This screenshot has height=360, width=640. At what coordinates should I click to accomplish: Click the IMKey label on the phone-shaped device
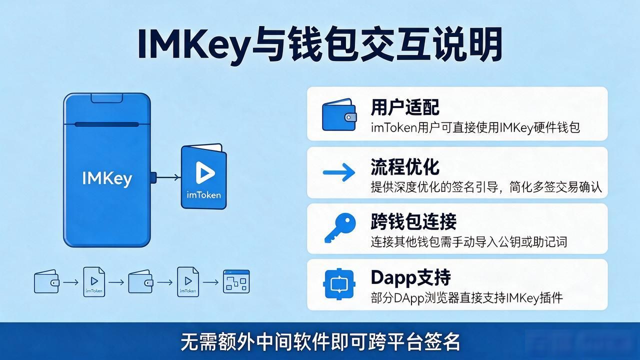(107, 179)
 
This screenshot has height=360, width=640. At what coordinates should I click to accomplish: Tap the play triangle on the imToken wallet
(204, 172)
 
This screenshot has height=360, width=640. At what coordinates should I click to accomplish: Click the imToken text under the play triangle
(203, 195)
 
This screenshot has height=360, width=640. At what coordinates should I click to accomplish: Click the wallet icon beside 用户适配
(339, 115)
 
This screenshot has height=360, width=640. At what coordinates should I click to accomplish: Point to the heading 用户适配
(405, 107)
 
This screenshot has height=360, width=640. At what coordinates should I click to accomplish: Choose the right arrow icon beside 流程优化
(339, 172)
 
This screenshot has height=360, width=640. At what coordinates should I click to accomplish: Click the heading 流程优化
(405, 166)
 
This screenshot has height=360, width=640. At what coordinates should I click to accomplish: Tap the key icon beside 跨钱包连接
(340, 228)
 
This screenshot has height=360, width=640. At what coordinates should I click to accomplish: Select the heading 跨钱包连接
(413, 221)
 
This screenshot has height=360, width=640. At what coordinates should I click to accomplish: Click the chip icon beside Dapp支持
(339, 284)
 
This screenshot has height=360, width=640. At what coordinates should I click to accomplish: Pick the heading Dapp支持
(410, 277)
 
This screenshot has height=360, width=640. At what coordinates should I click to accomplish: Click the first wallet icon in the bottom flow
(46, 281)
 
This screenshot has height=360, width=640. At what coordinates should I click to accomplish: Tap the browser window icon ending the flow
(236, 281)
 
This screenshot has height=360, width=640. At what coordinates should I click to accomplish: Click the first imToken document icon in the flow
(94, 282)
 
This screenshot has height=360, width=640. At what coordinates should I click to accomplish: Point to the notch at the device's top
(107, 98)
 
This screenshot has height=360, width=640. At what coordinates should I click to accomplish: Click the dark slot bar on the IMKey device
(107, 124)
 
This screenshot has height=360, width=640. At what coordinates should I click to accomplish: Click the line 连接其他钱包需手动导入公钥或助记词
(469, 242)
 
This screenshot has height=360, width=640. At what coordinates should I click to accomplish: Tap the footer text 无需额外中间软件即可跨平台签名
(320, 341)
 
